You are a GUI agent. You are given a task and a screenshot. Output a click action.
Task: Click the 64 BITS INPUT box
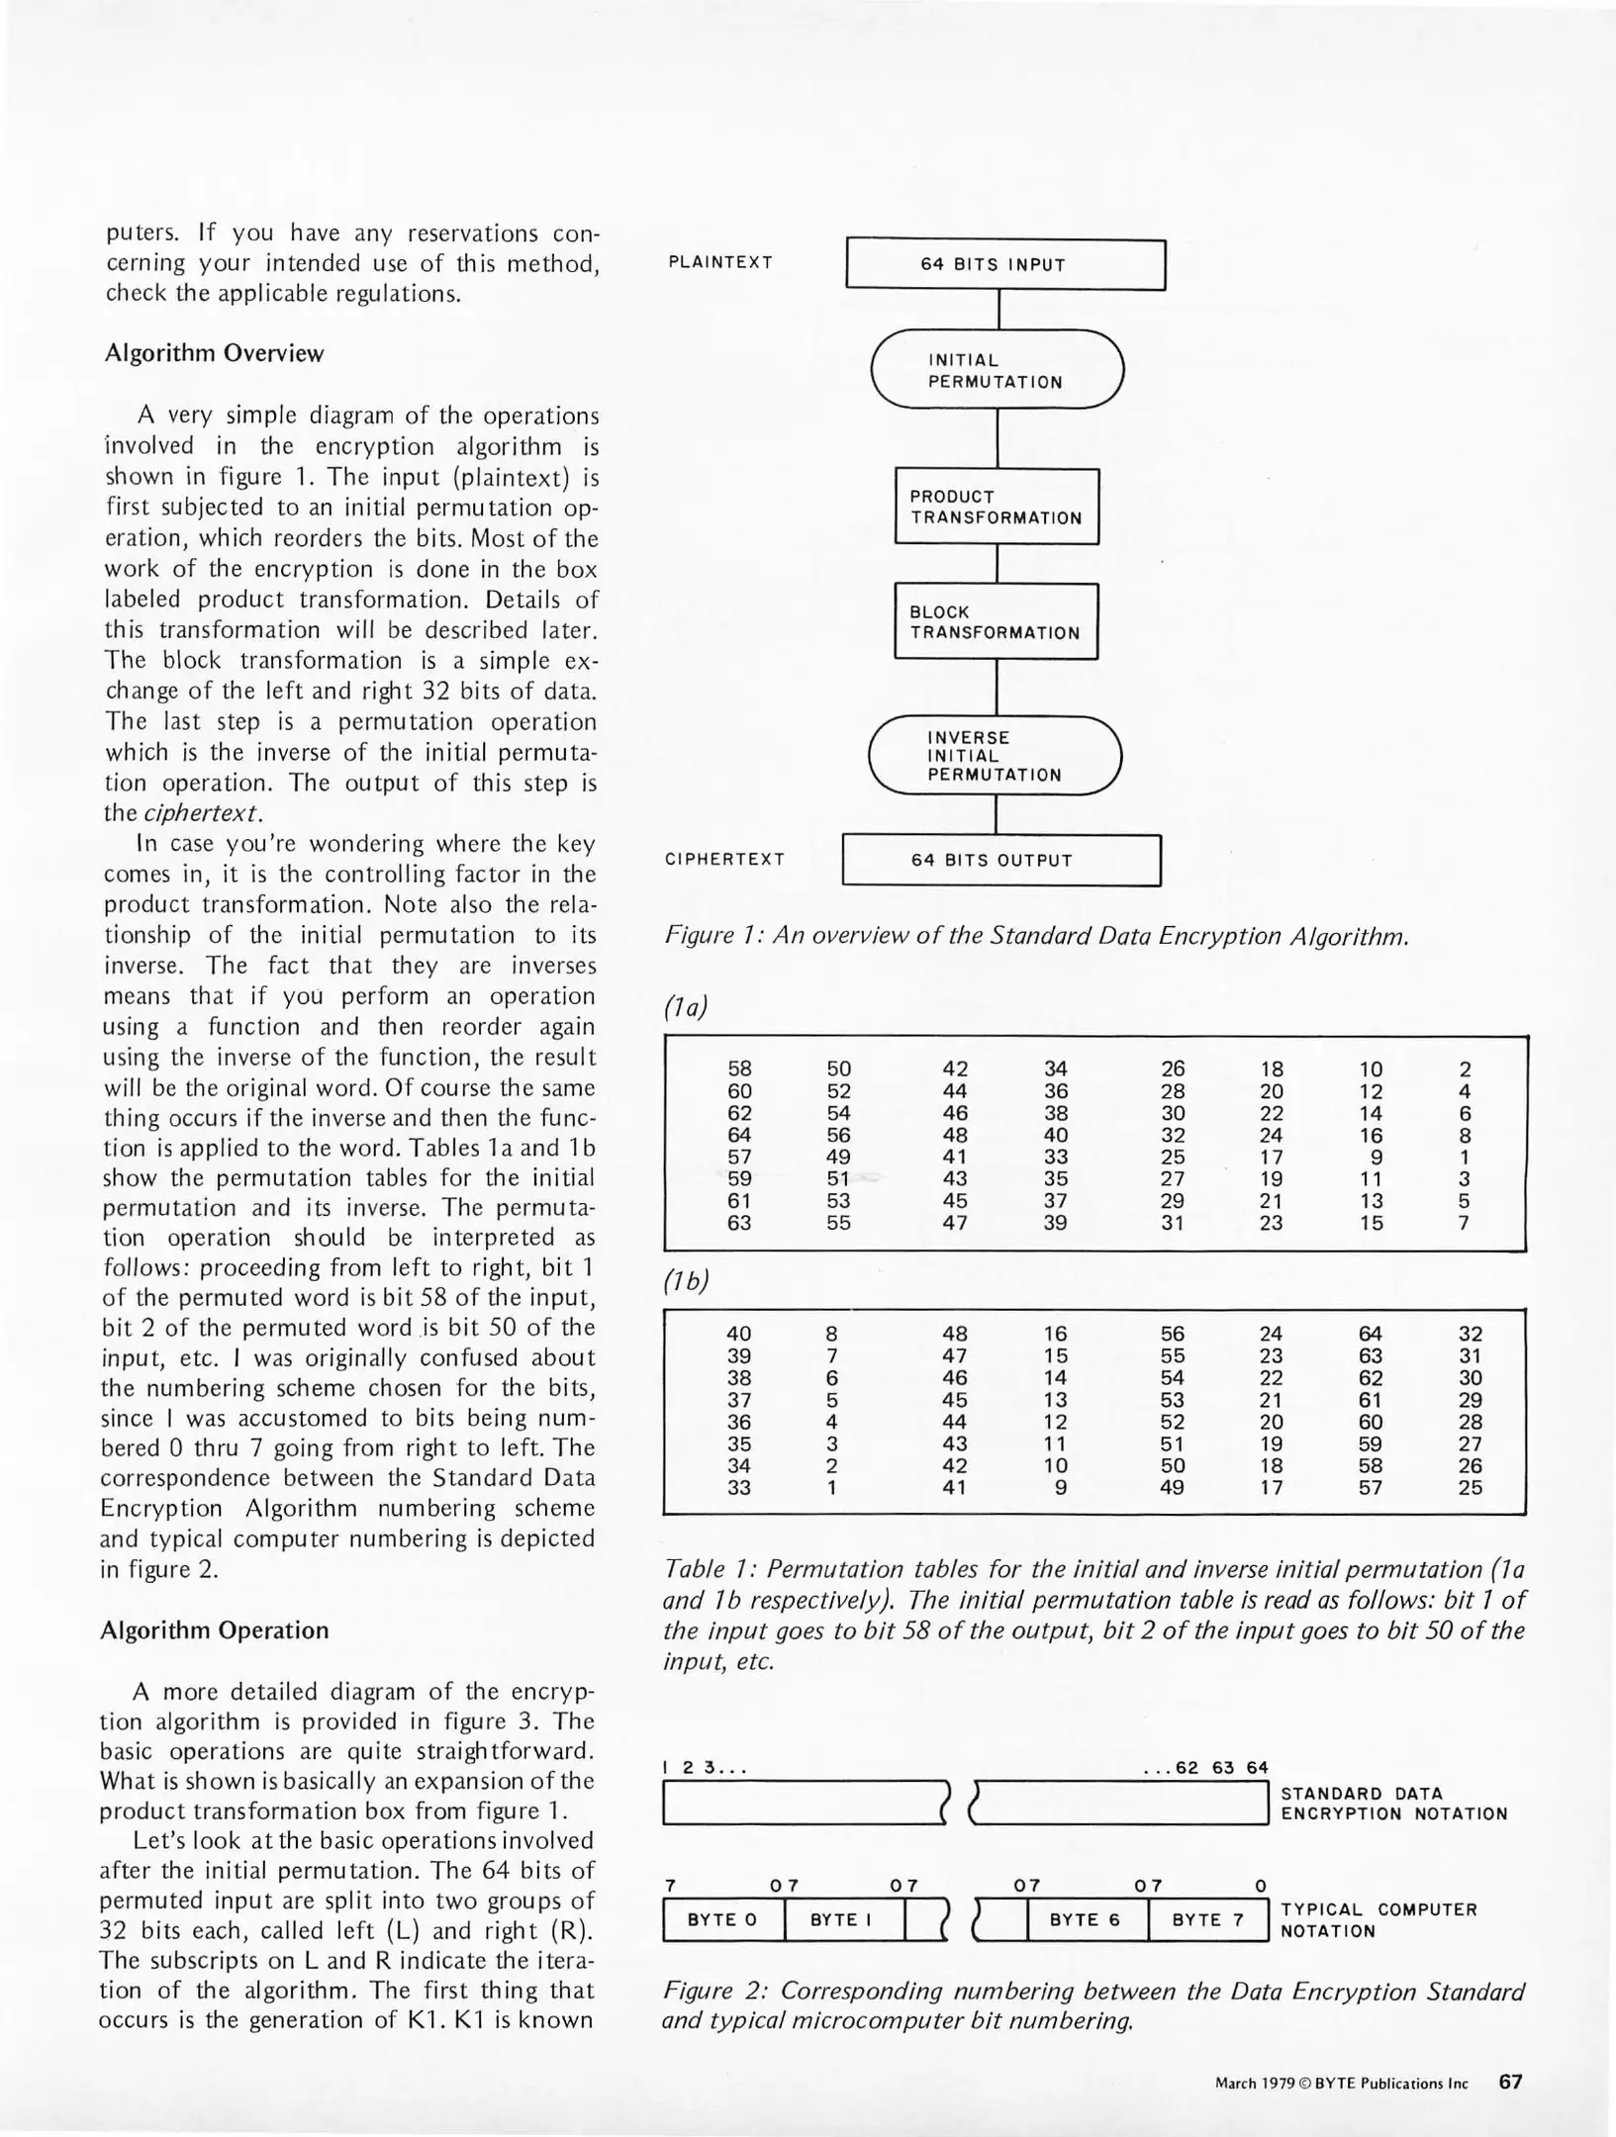(x=1005, y=264)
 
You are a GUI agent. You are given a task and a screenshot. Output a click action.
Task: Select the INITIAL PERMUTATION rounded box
(x=997, y=370)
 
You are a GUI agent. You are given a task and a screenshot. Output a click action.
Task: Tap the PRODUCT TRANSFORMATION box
(x=997, y=507)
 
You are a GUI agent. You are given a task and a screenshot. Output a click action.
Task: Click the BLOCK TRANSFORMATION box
(x=996, y=622)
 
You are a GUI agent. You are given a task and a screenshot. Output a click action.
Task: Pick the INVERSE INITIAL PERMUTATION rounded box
(x=995, y=756)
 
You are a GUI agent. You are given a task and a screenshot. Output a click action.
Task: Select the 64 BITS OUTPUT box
(x=999, y=860)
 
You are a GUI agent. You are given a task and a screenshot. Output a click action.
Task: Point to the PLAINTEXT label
(x=720, y=262)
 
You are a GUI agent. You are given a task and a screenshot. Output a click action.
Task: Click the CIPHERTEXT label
(x=724, y=859)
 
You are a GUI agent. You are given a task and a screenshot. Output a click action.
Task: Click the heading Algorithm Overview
(x=214, y=354)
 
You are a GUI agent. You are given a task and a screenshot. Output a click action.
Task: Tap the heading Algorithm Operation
(x=214, y=1629)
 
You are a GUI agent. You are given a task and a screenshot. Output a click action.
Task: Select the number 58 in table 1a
(x=739, y=1068)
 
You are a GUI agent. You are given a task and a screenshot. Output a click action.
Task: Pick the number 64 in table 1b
(x=1370, y=1334)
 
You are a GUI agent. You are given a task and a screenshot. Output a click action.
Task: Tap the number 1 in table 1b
(x=832, y=1487)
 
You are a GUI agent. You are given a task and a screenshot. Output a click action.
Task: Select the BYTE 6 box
(x=1085, y=1919)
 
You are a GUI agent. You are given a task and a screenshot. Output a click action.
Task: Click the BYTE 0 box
(x=722, y=1919)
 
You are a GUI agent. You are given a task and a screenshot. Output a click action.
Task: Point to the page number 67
(x=1510, y=2081)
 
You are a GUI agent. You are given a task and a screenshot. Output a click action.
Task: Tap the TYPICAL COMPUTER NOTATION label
(x=1378, y=1919)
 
